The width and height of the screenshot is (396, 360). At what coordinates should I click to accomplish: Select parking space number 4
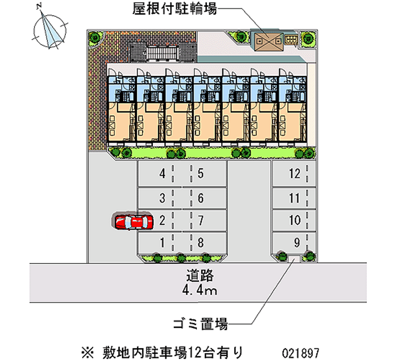click(162, 174)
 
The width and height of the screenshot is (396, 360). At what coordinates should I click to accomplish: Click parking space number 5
click(200, 174)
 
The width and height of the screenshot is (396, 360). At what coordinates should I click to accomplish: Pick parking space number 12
click(295, 174)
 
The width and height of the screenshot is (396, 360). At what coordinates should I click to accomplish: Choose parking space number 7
click(200, 220)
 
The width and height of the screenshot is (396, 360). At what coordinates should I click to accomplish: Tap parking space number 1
click(162, 243)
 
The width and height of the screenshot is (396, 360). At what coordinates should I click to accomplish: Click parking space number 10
click(295, 220)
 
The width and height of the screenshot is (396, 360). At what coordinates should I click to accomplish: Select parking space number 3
click(162, 199)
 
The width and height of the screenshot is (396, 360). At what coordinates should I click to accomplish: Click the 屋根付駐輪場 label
click(174, 8)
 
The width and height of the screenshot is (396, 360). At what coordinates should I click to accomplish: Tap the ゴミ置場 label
click(200, 325)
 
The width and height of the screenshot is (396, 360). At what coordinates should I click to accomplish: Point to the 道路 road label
click(200, 275)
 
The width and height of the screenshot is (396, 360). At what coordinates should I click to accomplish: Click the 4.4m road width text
click(200, 290)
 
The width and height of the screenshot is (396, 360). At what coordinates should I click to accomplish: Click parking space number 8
click(200, 243)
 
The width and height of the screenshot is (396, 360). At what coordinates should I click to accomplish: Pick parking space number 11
click(295, 199)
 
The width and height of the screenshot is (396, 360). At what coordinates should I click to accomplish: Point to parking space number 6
click(200, 199)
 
